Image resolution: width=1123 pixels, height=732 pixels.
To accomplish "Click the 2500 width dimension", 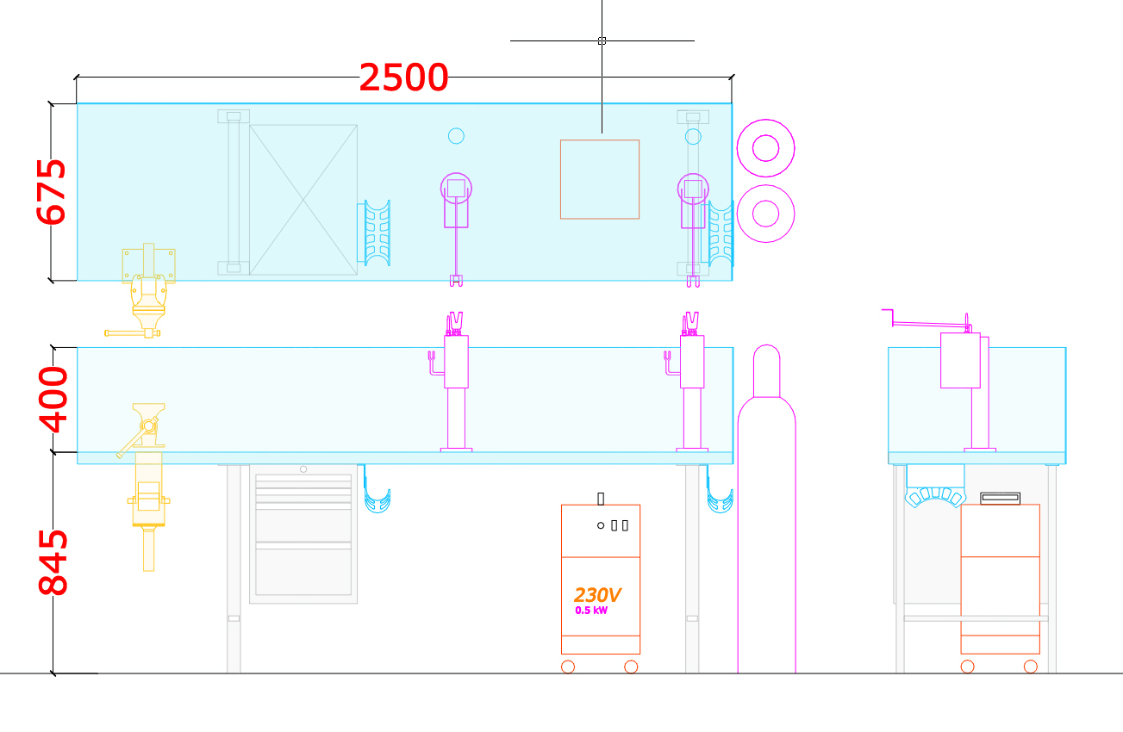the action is click(x=403, y=78).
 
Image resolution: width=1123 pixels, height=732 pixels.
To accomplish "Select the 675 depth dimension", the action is click(x=51, y=192).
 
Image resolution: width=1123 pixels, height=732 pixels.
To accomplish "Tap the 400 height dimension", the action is click(x=53, y=400).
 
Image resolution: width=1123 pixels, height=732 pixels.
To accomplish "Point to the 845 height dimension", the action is click(x=53, y=562).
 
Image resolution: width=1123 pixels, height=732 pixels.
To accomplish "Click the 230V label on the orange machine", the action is click(x=597, y=595).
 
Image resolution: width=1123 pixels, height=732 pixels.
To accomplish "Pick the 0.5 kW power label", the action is click(x=591, y=611).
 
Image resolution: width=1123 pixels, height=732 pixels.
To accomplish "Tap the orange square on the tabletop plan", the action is click(x=600, y=140).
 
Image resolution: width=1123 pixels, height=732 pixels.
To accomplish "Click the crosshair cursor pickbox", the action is click(x=602, y=41).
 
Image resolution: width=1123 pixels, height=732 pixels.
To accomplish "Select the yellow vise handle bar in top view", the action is click(x=133, y=333).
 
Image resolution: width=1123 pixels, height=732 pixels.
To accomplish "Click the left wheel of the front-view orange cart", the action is click(x=568, y=667).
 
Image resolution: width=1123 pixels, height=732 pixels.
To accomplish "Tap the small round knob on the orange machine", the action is click(x=601, y=525).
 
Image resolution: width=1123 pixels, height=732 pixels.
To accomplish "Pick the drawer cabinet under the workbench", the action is click(x=303, y=534).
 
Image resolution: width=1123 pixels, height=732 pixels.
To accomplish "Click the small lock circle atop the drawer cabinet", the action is click(x=303, y=469).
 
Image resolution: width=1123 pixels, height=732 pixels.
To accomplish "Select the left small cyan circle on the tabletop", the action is click(x=456, y=136).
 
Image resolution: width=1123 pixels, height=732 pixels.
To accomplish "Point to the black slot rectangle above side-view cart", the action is click(x=1000, y=498).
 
